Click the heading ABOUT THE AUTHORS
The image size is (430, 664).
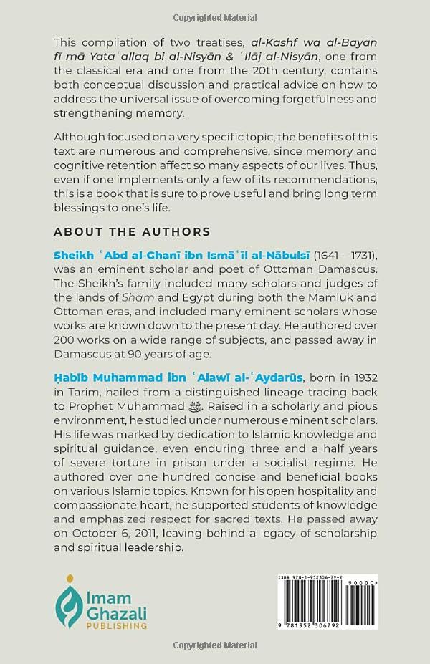pos(132,232)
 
